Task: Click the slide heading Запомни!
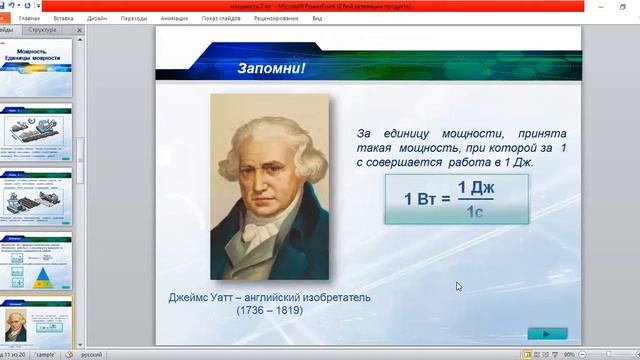[270, 69]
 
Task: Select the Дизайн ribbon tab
[97, 18]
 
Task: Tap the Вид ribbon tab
[316, 18]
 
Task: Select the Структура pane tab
[42, 31]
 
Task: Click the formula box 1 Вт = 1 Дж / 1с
[458, 198]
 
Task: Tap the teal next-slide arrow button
[546, 333]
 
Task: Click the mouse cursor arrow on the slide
[458, 286]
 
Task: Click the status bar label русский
[91, 354]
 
